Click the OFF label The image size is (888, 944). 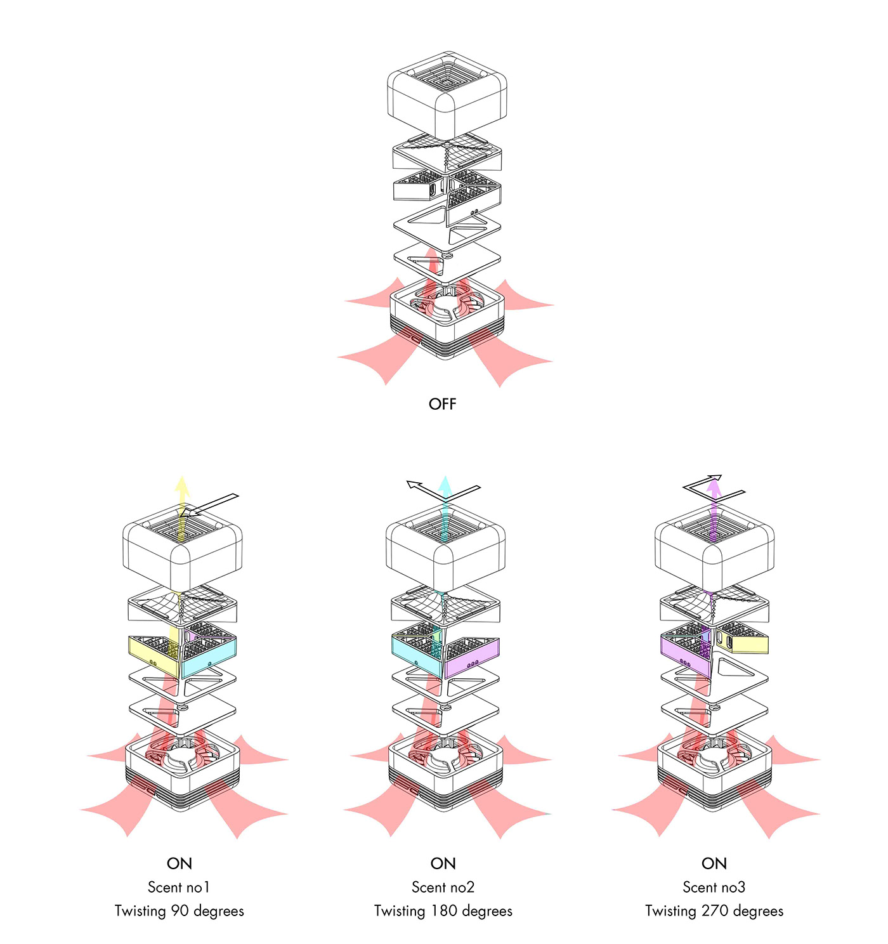click(x=442, y=404)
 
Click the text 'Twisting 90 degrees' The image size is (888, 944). click(x=179, y=911)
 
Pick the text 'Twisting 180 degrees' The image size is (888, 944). click(x=443, y=911)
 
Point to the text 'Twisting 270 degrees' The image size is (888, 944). click(x=714, y=911)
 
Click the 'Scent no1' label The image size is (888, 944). click(x=179, y=887)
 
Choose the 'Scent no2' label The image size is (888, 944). click(x=443, y=887)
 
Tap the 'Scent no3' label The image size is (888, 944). click(x=714, y=887)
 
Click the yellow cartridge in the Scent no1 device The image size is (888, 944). click(x=152, y=653)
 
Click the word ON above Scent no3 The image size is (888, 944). click(x=714, y=863)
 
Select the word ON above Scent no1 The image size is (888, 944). click(x=179, y=863)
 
